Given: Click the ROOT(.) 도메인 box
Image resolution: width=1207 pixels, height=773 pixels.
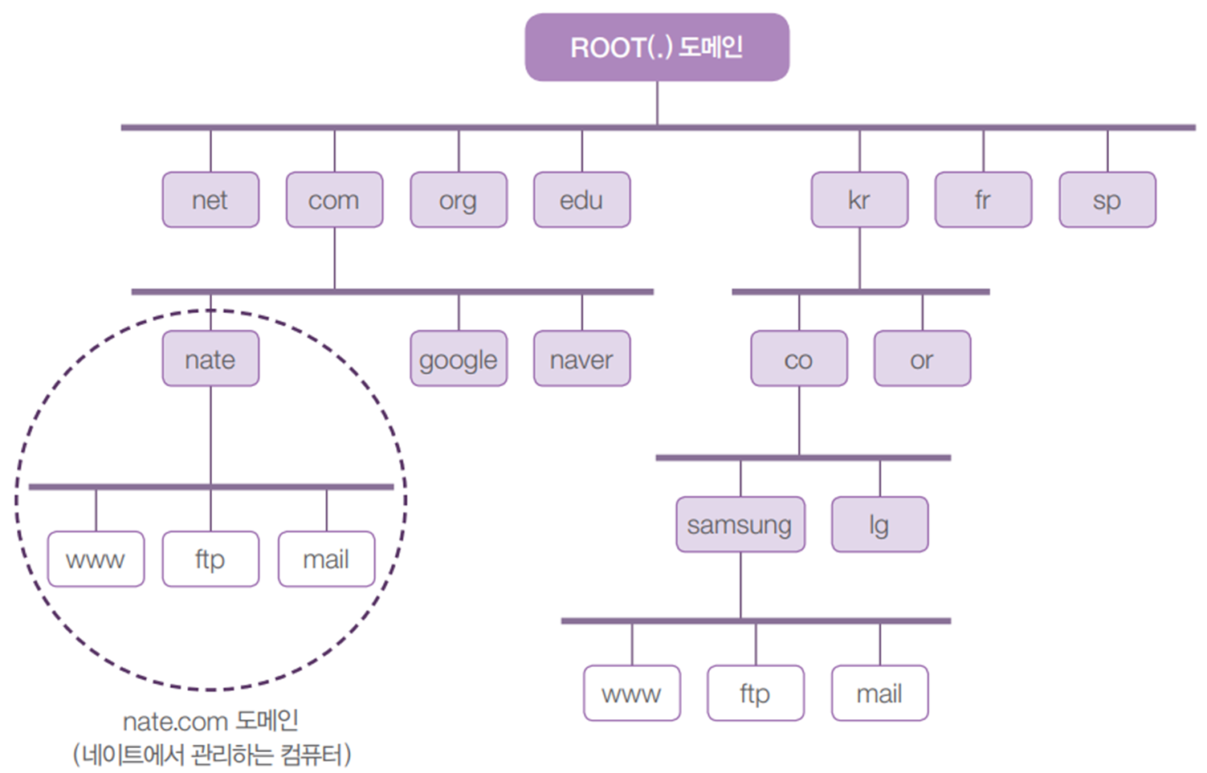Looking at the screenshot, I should [x=657, y=47].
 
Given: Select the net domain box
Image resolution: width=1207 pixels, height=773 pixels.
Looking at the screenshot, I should [x=210, y=200].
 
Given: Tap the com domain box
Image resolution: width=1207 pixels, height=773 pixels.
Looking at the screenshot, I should [x=334, y=200].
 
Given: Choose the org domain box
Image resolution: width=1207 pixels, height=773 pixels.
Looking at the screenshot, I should [x=459, y=200].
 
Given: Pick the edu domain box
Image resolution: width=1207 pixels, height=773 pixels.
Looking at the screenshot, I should [x=582, y=200].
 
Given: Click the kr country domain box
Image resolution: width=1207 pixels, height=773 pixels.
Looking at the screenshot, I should [x=859, y=200].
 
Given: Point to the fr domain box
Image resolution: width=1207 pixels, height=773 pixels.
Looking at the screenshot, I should [x=983, y=200].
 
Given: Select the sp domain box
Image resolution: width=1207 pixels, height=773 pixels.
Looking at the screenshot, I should [x=1107, y=200].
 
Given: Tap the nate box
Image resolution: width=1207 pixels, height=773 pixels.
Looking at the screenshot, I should [x=210, y=359].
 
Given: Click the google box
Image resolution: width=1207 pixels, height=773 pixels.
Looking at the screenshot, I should [x=459, y=359].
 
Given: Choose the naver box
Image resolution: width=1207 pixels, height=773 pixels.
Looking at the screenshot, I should [x=582, y=359].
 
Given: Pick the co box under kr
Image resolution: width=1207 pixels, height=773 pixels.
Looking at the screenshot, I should [x=799, y=359].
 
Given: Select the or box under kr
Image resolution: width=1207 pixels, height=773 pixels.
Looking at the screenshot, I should [x=922, y=359].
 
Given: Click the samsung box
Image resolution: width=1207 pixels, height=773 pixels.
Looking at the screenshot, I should [x=740, y=525].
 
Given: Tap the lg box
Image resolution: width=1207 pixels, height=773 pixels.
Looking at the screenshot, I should [x=879, y=525].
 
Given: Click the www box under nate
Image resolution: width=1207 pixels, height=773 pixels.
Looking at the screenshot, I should [x=96, y=559].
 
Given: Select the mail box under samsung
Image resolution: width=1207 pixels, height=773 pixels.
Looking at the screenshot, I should [x=879, y=693].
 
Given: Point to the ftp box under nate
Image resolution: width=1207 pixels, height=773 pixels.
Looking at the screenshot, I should [x=210, y=559].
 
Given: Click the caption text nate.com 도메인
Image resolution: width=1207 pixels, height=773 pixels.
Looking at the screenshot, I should [x=210, y=721].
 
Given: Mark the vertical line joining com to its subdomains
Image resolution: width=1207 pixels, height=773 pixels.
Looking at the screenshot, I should [x=335, y=258].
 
